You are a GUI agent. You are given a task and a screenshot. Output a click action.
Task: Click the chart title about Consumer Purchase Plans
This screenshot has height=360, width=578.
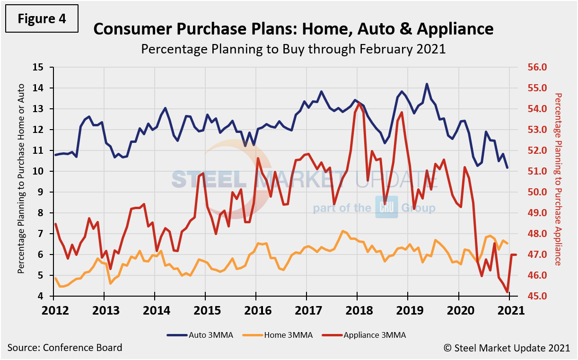(293, 29)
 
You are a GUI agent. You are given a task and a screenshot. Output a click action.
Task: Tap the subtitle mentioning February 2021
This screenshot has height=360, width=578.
(293, 49)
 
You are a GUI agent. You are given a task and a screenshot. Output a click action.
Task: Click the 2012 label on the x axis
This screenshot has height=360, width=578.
(53, 311)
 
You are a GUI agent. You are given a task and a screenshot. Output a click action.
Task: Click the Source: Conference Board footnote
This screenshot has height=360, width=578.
(65, 348)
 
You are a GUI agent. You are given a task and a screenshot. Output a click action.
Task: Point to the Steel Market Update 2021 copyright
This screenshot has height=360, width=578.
(507, 348)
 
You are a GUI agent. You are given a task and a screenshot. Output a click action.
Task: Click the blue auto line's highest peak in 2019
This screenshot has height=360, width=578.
(427, 84)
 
